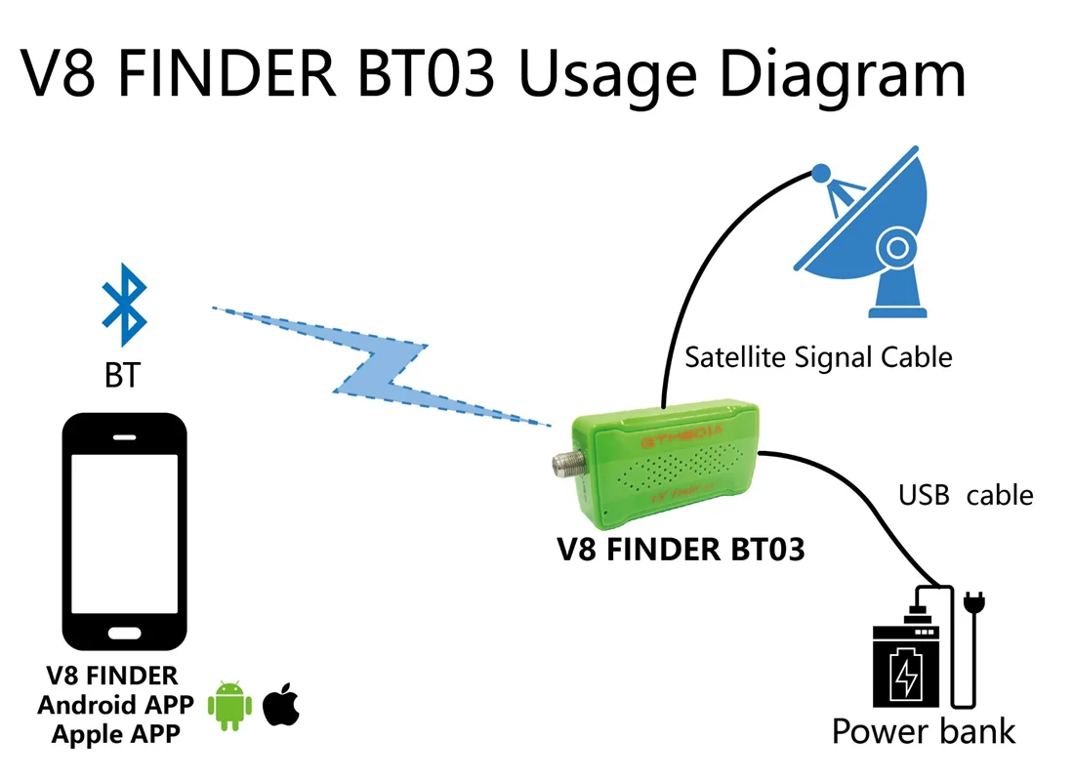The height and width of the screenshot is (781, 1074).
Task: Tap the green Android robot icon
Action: point(230,704)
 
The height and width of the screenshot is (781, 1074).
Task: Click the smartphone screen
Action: point(124,532)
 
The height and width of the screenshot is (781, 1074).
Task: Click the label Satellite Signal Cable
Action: point(818,357)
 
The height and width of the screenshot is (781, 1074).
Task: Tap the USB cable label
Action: point(965,495)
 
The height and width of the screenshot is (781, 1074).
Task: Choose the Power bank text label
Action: point(924,731)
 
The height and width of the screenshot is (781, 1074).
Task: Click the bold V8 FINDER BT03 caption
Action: point(681,551)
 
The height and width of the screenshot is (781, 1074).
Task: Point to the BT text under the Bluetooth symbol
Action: point(122,376)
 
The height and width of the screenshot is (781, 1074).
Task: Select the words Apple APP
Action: point(116,733)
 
